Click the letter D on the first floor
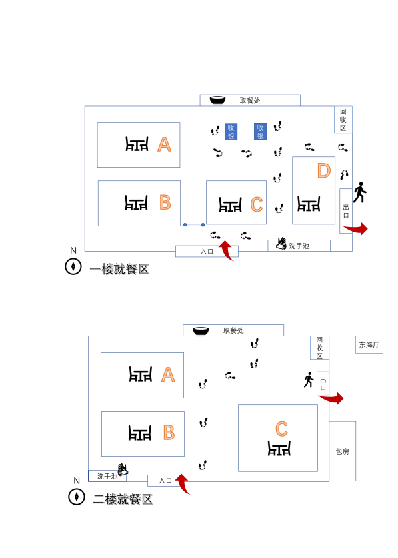coord(324,171)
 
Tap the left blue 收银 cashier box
coord(231,132)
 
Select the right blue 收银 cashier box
coord(260,131)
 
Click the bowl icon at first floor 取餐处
coord(217,101)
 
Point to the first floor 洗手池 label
coord(299,246)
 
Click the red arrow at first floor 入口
coord(227,250)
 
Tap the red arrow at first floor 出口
coord(356,229)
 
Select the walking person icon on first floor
coord(360,192)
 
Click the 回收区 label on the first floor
coord(343,120)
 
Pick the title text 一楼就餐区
coord(119,269)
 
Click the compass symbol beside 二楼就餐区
coord(77,497)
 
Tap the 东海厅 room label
coord(369,344)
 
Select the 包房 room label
coord(343,451)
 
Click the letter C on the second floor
coord(281,429)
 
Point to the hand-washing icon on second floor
coord(123,469)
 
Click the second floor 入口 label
coord(165,481)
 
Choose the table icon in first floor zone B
coord(137,203)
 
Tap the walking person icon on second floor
coord(309,380)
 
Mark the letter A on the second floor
coord(168,375)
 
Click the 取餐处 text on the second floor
coord(233,330)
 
